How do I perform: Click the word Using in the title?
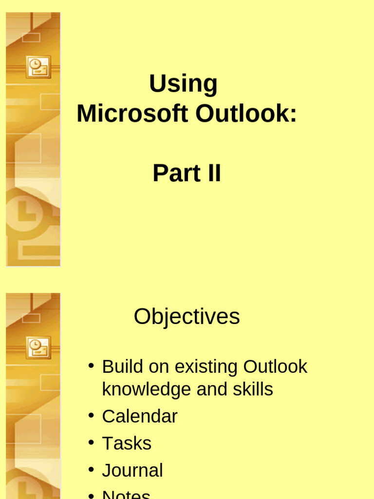[x=183, y=84]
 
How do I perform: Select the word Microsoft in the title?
[x=132, y=114]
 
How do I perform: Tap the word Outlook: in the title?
[x=246, y=114]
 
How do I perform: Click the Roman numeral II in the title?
[x=212, y=173]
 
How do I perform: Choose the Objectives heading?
[x=187, y=317]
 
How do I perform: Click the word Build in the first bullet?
[x=122, y=366]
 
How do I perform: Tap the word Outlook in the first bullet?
[x=275, y=366]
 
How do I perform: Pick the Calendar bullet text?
[x=139, y=417]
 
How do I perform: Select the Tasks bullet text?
[x=127, y=443]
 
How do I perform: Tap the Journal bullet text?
[x=132, y=471]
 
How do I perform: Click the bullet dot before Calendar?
[x=91, y=415]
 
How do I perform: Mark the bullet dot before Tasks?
[x=91, y=442]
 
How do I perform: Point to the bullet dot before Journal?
[x=91, y=469]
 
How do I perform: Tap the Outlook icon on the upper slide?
[x=38, y=67]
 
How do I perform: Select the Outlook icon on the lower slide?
[x=38, y=347]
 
